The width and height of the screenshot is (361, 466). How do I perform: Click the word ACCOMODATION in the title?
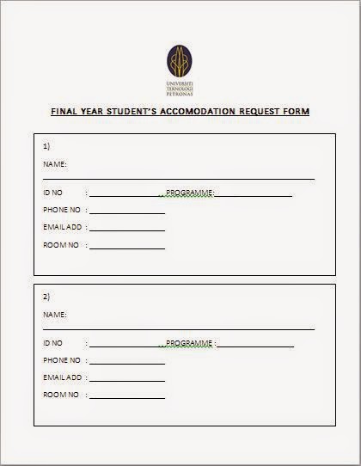[x=193, y=112]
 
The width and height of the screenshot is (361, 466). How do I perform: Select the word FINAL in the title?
[x=66, y=112]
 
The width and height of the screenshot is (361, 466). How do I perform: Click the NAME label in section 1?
[x=54, y=163]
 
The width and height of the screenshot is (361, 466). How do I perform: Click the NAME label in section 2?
[x=54, y=315]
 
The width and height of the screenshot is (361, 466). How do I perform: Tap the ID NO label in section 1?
[x=53, y=193]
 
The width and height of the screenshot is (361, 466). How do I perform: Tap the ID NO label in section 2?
[x=53, y=343]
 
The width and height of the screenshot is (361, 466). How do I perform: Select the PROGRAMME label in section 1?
[x=189, y=193]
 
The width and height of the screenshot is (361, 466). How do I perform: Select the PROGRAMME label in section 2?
[x=189, y=343]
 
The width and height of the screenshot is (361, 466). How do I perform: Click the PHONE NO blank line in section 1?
[x=126, y=212]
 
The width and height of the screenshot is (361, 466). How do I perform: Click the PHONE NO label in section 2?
[x=62, y=360]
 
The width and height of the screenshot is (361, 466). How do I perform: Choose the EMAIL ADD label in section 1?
[x=63, y=227]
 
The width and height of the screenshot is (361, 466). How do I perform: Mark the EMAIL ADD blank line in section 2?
[x=126, y=380]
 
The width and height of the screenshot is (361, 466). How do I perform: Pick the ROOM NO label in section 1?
[x=61, y=245]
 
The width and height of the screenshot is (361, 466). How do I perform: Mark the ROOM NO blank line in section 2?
[x=126, y=398]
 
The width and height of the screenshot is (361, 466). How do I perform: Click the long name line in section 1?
[x=179, y=178]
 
